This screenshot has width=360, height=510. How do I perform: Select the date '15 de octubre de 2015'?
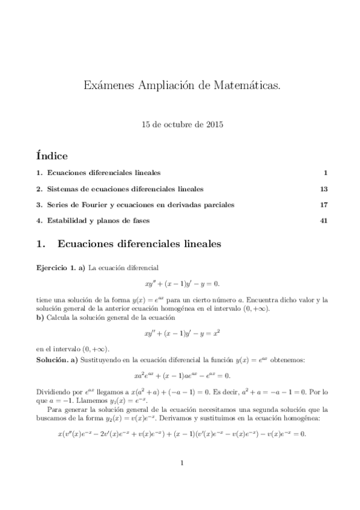click(182, 125)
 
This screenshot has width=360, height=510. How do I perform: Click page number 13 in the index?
click(324, 189)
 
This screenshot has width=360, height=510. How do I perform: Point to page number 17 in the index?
click(324, 205)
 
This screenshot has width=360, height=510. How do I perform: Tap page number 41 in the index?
click(324, 221)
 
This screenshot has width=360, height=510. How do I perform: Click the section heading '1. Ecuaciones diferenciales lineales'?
click(129, 245)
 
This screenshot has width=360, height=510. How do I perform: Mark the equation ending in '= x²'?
click(182, 332)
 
